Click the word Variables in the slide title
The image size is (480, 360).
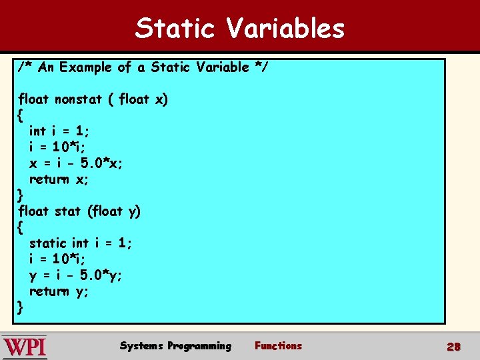[x=285, y=28]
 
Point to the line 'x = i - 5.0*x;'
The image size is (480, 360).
[x=76, y=163]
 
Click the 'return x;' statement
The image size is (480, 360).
[x=59, y=179]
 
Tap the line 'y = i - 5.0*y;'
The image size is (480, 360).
[x=76, y=275]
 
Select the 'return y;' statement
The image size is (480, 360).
[x=59, y=291]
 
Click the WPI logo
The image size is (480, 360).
[x=25, y=347]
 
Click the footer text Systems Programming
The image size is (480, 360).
[x=175, y=346]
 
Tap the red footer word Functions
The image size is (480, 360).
[x=278, y=346]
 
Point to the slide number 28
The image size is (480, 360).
[x=454, y=347]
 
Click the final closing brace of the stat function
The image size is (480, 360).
[x=21, y=307]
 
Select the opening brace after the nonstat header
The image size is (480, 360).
[x=21, y=115]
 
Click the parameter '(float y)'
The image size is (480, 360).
[x=114, y=211]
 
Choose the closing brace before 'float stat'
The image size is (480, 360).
[x=21, y=195]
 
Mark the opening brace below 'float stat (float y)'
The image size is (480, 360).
[x=21, y=227]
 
